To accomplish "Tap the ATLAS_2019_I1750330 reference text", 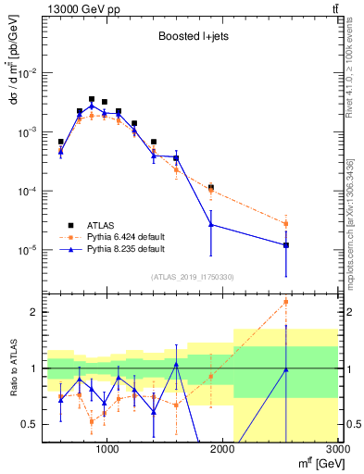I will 191,277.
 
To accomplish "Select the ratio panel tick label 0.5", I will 29,425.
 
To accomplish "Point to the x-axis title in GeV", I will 314,462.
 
